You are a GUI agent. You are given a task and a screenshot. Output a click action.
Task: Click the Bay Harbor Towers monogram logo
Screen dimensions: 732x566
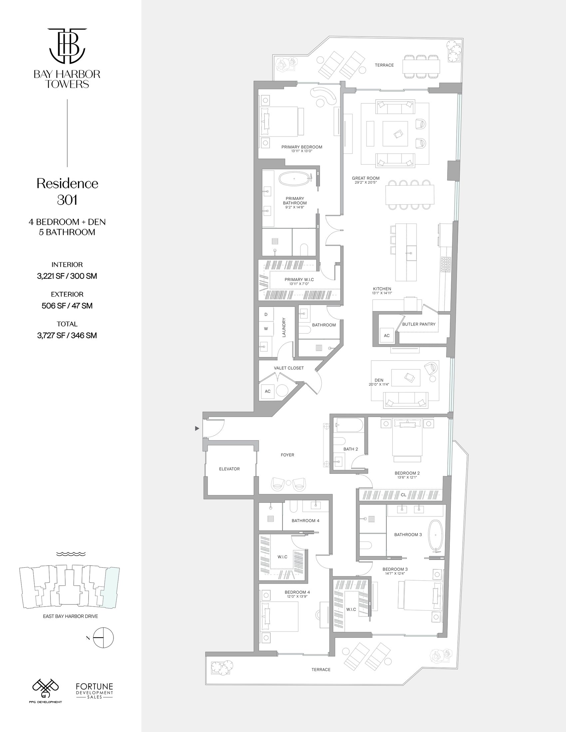pyautogui.click(x=67, y=46)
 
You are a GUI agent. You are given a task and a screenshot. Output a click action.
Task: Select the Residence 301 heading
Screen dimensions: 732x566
pyautogui.click(x=67, y=191)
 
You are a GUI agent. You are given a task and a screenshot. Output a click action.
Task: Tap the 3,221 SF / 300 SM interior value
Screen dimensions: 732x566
pyautogui.click(x=67, y=276)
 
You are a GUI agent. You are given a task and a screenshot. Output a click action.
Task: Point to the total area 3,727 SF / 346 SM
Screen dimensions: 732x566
pyautogui.click(x=67, y=335)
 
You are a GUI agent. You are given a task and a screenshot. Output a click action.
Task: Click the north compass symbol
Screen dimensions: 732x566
pyautogui.click(x=103, y=638)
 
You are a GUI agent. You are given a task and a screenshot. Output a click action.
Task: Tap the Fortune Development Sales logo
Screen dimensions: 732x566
pyautogui.click(x=94, y=691)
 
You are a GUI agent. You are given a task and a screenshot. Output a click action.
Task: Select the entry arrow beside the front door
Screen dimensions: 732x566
pyautogui.click(x=197, y=428)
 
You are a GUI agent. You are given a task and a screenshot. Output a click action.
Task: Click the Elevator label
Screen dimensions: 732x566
pyautogui.click(x=229, y=469)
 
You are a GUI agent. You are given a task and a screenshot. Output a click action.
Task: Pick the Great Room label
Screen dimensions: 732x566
pyautogui.click(x=366, y=179)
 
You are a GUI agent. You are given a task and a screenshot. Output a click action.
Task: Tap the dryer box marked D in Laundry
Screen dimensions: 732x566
pyautogui.click(x=266, y=314)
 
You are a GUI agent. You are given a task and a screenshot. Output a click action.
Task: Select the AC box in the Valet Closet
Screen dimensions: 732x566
pyautogui.click(x=268, y=391)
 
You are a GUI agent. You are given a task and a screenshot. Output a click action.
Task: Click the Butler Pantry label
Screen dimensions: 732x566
pyautogui.click(x=419, y=324)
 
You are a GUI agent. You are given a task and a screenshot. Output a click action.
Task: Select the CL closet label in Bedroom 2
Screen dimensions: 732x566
pyautogui.click(x=404, y=495)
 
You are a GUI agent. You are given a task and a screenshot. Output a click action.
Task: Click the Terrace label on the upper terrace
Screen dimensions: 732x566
pyautogui.click(x=384, y=65)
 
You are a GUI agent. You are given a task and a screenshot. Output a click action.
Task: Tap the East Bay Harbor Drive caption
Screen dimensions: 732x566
pyautogui.click(x=70, y=616)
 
